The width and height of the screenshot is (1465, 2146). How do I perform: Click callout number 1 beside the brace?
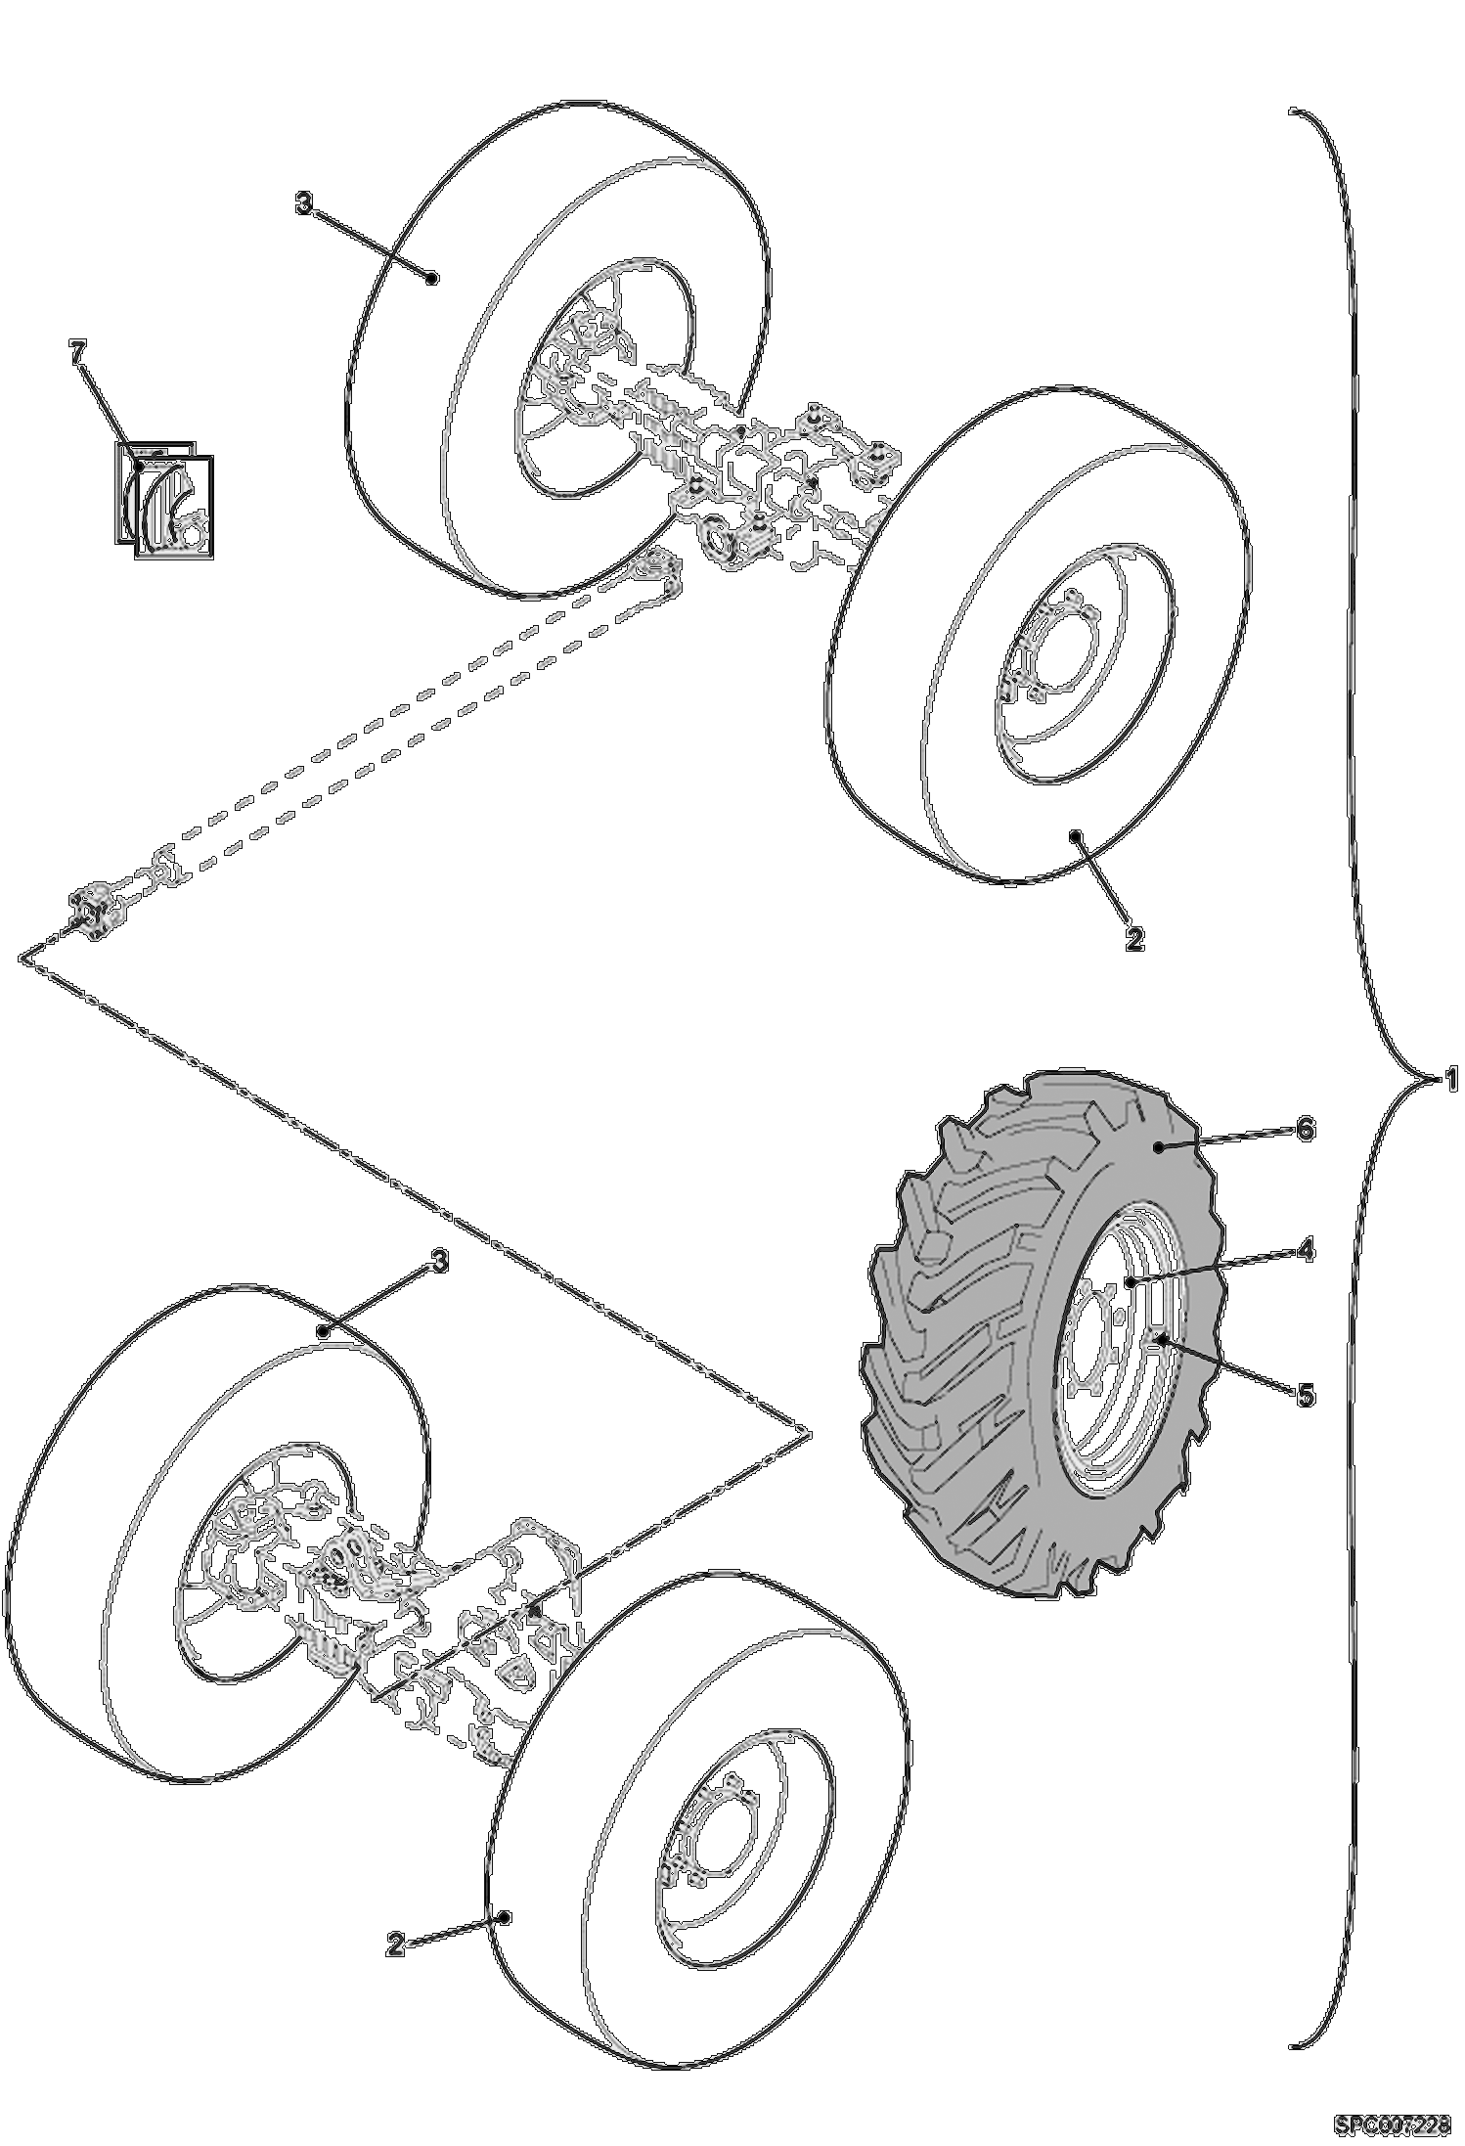pyautogui.click(x=1452, y=1080)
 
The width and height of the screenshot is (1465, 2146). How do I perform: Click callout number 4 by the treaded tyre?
pyautogui.click(x=1306, y=1250)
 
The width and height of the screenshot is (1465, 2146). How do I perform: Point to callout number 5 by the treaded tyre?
pyautogui.click(x=1306, y=1395)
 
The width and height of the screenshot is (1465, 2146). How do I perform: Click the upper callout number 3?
pyautogui.click(x=304, y=203)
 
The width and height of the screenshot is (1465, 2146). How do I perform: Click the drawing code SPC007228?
pyautogui.click(x=1392, y=2124)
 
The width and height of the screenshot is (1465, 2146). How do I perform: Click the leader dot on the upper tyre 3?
pyautogui.click(x=432, y=278)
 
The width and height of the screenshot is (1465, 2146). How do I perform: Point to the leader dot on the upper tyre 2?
pyautogui.click(x=1075, y=835)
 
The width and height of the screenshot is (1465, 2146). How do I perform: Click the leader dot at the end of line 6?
pyautogui.click(x=1158, y=1147)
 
